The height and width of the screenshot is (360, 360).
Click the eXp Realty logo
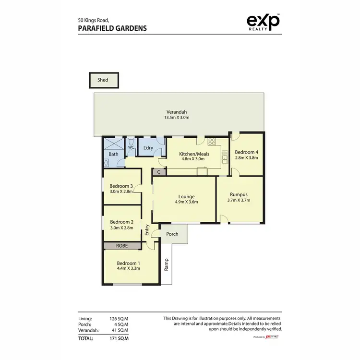pos(263,23)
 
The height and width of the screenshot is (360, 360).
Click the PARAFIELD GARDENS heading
pos(112,28)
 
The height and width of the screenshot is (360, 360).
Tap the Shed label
pos(103,80)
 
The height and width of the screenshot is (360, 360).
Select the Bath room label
pos(113,154)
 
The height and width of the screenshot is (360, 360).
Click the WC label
pos(130,147)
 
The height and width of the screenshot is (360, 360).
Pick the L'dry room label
pos(148,148)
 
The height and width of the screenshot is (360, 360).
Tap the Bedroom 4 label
pos(246,153)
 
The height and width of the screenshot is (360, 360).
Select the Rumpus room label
pos(239,194)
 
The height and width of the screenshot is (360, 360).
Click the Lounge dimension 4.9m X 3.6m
pos(186,202)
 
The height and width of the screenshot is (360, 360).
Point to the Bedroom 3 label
pos(121,186)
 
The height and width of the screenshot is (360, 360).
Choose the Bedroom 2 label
pos(121,222)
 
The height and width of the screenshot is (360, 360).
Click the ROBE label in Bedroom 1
pos(122,245)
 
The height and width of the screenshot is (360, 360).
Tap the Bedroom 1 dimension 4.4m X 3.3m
pos(129,269)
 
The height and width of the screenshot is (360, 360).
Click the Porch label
pos(172,234)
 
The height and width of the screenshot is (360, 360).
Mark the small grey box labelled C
pos(158,171)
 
